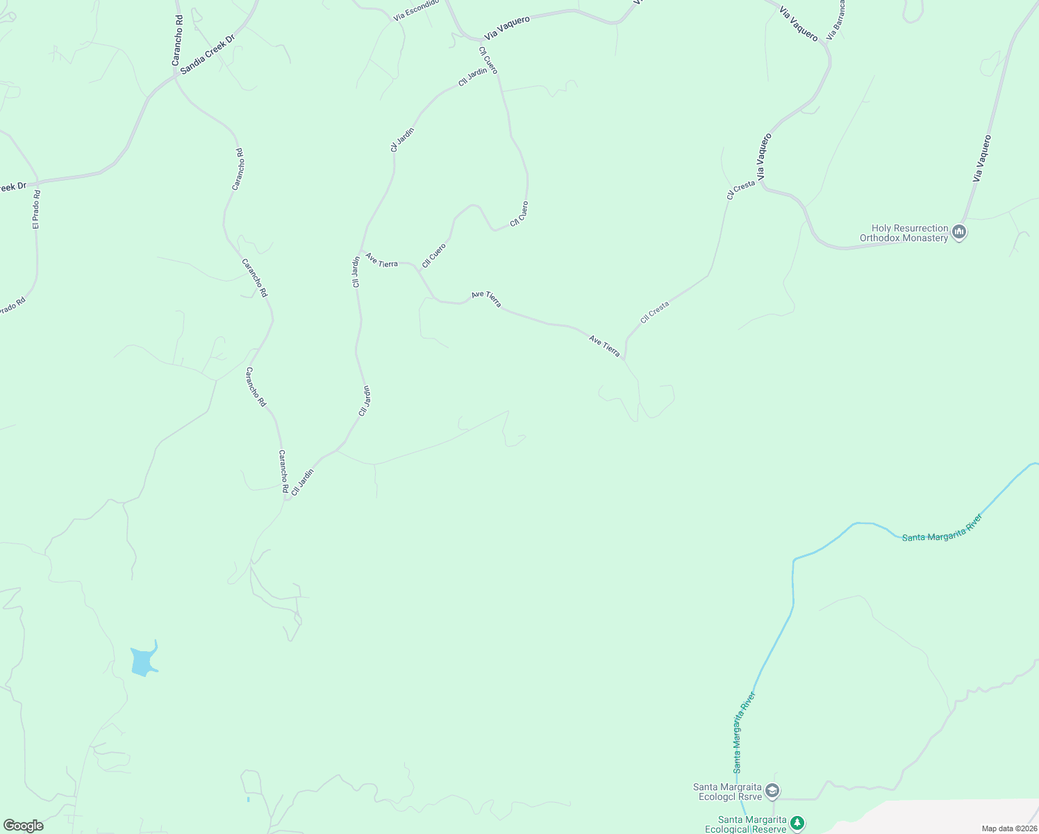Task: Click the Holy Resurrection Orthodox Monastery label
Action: tap(904, 233)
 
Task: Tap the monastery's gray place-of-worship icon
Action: tap(959, 231)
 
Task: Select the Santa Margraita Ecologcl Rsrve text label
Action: tap(726, 792)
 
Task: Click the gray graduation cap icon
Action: tap(772, 791)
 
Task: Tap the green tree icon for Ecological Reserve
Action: tap(797, 824)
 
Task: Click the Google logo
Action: tap(23, 826)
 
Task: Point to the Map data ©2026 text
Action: tap(1009, 828)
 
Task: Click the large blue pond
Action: tap(142, 661)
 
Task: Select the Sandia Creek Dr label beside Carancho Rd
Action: tap(208, 54)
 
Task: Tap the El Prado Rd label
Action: tap(36, 210)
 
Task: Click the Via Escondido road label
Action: tap(416, 10)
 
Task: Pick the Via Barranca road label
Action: tap(836, 19)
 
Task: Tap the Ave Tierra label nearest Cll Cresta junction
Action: tap(604, 346)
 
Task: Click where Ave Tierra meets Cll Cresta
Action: tap(624, 359)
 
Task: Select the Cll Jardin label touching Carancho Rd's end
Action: tap(303, 482)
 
